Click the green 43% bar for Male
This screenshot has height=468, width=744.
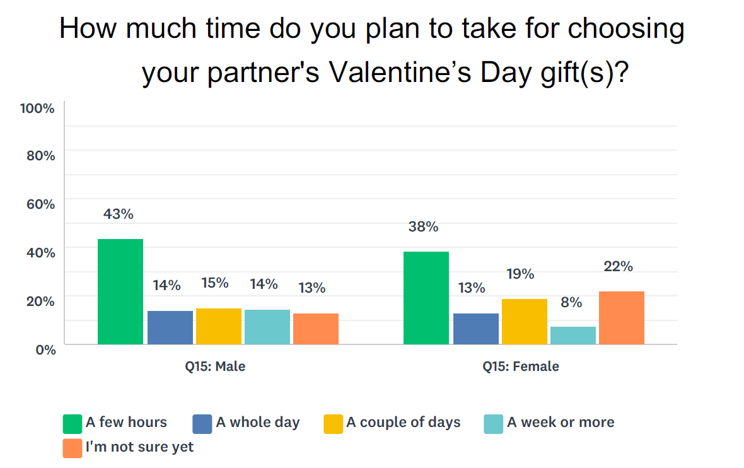coord(120,291)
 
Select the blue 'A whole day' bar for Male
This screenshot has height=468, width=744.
coord(170,327)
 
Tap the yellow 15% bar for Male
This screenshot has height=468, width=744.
coord(219,326)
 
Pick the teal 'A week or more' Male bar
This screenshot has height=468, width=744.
coord(267,327)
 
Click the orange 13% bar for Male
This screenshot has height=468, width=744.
coord(315,329)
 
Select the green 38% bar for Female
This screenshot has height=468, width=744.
coord(426,298)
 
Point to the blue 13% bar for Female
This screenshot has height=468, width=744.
coord(476,329)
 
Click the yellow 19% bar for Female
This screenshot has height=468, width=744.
coord(525,321)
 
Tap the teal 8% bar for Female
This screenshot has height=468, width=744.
coord(573,336)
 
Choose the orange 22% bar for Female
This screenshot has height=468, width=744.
coord(622,317)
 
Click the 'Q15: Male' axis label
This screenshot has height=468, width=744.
coord(215,366)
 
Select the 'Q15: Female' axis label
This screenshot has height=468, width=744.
coord(521,366)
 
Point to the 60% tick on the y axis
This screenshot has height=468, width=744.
coord(41,204)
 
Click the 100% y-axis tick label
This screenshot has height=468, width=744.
coord(37,108)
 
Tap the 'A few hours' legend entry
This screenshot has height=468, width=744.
coord(115,423)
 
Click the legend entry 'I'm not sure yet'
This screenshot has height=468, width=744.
coord(128,448)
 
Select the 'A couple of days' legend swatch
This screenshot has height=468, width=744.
coord(333,424)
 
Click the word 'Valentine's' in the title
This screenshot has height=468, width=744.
coord(400,73)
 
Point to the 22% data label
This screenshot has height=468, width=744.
coord(619,266)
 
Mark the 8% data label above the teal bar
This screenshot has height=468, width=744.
coord(571,302)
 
